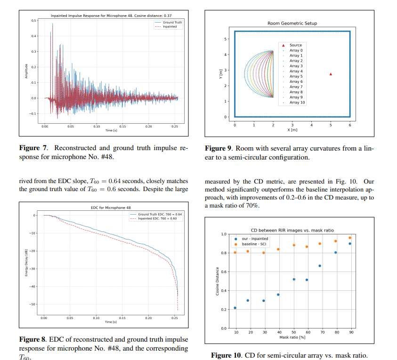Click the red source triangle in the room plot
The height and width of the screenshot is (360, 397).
click(x=331, y=74)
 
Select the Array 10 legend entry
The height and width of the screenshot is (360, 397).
click(x=297, y=102)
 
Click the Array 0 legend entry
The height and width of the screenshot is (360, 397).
click(x=296, y=50)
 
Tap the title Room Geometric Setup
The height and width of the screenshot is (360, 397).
click(x=292, y=23)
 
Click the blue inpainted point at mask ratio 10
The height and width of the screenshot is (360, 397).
click(x=235, y=308)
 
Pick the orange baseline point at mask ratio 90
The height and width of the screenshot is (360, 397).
click(x=349, y=238)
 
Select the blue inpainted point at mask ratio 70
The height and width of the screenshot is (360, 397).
click(x=320, y=266)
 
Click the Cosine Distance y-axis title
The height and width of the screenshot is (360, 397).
click(x=218, y=281)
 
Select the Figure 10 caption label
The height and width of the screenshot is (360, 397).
click(x=227, y=355)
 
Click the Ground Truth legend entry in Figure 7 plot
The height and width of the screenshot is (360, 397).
click(x=172, y=22)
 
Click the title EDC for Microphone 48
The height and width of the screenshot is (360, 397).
click(x=111, y=207)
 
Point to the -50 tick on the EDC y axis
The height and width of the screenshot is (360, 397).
click(x=33, y=304)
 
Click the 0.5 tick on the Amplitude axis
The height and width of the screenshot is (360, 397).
click(x=33, y=21)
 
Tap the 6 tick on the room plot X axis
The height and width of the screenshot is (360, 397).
click(x=349, y=125)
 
